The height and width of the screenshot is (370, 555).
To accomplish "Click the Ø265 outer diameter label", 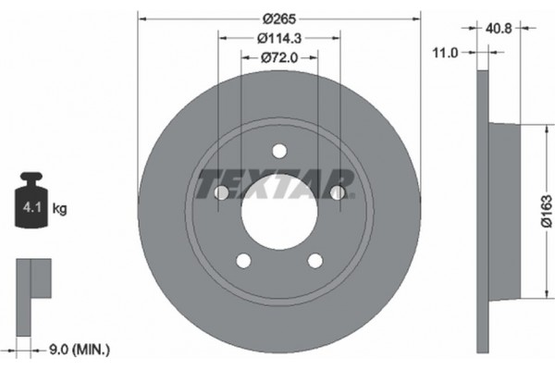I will point(278,18).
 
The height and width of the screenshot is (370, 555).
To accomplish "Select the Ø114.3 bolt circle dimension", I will point(278,38).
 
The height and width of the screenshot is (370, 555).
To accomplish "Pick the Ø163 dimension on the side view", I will point(546,209).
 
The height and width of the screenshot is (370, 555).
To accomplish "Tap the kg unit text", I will point(60,209).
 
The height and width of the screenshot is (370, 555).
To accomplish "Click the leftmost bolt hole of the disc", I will point(222,192).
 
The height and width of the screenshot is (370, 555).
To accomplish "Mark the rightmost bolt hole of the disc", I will point(338,192).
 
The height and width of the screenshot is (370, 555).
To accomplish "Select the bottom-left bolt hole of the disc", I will point(243,260).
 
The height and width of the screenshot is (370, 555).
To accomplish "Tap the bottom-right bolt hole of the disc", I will point(315,260).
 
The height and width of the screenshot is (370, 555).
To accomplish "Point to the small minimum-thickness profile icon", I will point(31,277).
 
